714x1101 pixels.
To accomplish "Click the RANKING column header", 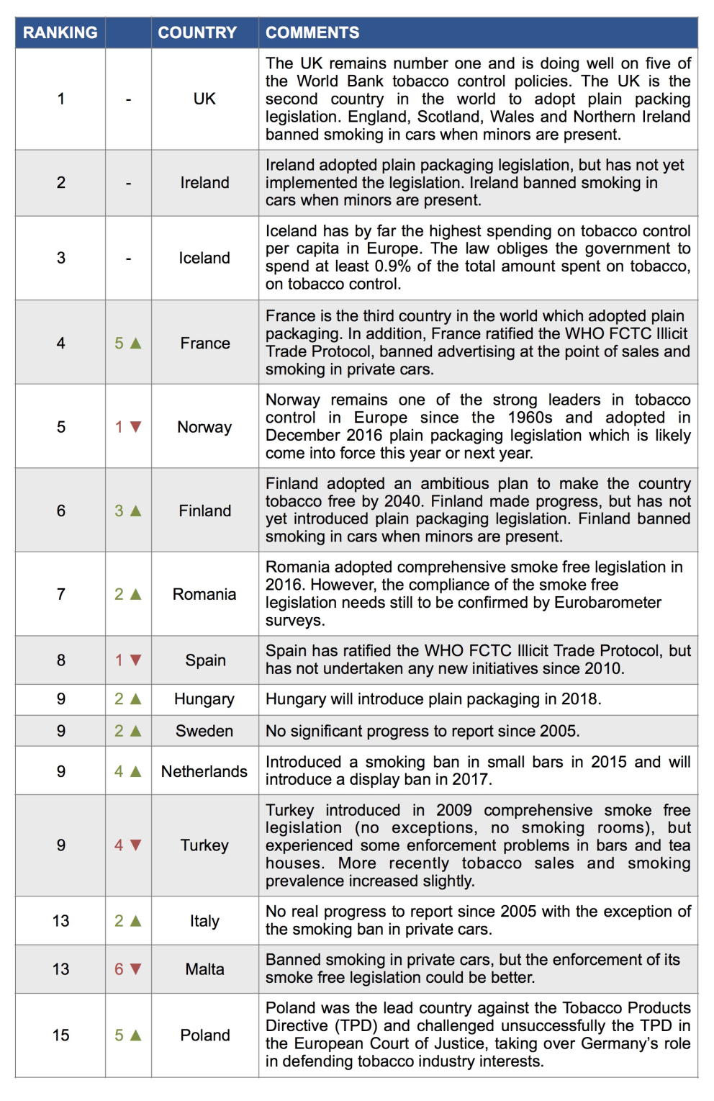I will pos(60,32).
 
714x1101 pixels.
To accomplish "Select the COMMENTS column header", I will pos(312,32).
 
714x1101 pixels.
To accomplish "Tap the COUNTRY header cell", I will pos(197,32).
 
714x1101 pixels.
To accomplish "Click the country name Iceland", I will pos(204,258).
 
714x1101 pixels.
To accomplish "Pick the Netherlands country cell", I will pos(204,771).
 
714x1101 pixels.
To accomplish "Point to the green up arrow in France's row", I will pos(135,343).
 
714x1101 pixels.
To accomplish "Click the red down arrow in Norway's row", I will pos(135,427).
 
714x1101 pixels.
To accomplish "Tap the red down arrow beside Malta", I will pos(135,969).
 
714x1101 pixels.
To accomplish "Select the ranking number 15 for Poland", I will pos(61,1035).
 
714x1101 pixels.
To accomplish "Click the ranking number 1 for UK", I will pos(61,99).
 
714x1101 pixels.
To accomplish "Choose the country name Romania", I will pos(204,594).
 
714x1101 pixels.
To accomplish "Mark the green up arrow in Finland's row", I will pos(135,511).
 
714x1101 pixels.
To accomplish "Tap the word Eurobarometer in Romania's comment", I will pos(607,602).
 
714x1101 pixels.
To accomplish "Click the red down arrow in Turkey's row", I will pos(135,845).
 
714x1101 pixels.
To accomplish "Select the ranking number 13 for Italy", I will pos(61,921).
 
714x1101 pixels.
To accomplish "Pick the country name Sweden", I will pos(204,731).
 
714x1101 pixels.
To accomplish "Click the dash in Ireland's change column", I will pos(128,184).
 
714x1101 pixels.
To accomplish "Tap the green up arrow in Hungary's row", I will pos(135,699).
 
